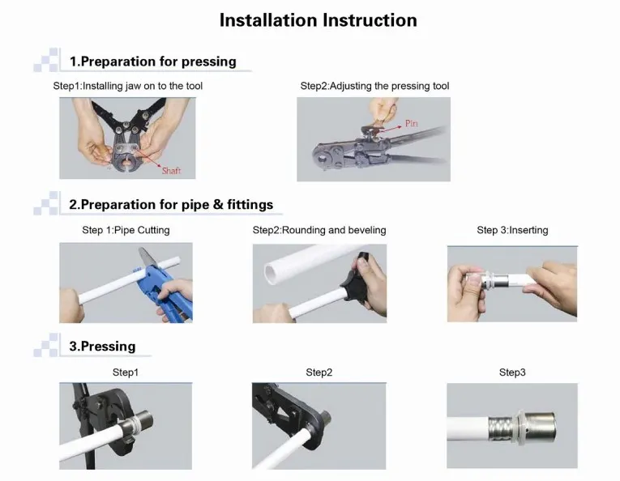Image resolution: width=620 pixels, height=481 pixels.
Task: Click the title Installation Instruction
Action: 319,20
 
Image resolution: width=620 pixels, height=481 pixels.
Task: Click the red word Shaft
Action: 171,171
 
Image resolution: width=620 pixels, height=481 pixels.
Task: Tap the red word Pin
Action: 411,124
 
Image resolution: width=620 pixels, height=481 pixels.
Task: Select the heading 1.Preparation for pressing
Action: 153,62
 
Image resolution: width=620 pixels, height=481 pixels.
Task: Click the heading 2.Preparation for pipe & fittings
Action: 171,205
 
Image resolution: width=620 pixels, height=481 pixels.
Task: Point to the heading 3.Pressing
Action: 102,347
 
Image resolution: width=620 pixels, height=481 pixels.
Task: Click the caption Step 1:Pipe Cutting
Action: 126,230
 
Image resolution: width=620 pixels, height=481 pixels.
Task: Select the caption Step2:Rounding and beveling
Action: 319,230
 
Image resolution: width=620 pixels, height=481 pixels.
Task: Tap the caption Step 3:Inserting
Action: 512,230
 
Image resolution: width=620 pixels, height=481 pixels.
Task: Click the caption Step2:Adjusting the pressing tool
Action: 375,86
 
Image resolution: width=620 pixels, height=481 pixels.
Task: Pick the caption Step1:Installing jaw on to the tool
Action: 128,86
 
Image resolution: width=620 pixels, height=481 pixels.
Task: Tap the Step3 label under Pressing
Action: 512,372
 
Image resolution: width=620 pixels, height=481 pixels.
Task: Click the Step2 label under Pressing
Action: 319,372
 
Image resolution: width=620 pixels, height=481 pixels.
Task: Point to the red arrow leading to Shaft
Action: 147,158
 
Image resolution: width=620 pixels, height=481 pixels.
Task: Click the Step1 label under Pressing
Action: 126,372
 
